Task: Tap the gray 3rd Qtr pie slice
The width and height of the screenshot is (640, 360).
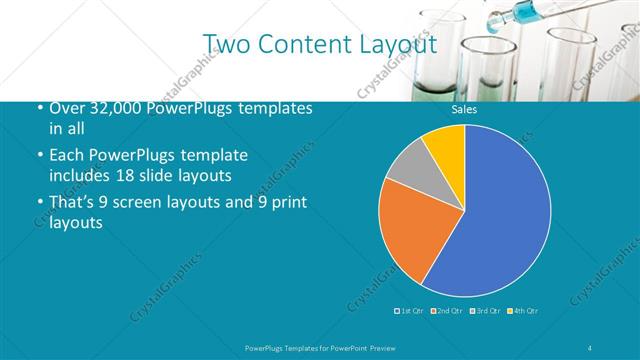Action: [x=409, y=165]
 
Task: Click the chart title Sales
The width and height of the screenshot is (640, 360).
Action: [x=465, y=109]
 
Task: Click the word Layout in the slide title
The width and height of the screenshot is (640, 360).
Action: [x=397, y=44]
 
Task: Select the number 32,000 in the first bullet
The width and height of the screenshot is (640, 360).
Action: [x=105, y=108]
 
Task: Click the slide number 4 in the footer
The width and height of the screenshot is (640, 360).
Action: [x=590, y=347]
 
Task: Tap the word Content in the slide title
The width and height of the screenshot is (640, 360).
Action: [x=305, y=44]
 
